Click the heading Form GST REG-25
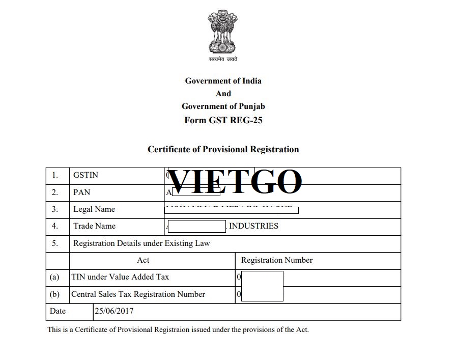pyautogui.click(x=223, y=120)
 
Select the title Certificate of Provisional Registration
pyautogui.click(x=223, y=149)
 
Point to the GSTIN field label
pyautogui.click(x=85, y=175)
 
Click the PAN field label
pyautogui.click(x=81, y=192)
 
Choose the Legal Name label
pyautogui.click(x=94, y=209)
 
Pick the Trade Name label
pyautogui.click(x=94, y=226)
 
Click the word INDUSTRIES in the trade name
pyautogui.click(x=253, y=226)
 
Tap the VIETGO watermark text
pyautogui.click(x=235, y=181)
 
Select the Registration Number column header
pyautogui.click(x=277, y=260)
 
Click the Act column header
pyautogui.click(x=143, y=260)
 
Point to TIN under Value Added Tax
pyautogui.click(x=120, y=277)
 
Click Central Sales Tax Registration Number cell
pyautogui.click(x=138, y=294)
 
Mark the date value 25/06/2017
pyautogui.click(x=113, y=311)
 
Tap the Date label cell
pyautogui.click(x=58, y=311)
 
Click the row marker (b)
pyautogui.click(x=54, y=294)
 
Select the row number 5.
pyautogui.click(x=54, y=243)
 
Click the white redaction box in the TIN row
pyautogui.click(x=262, y=278)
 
